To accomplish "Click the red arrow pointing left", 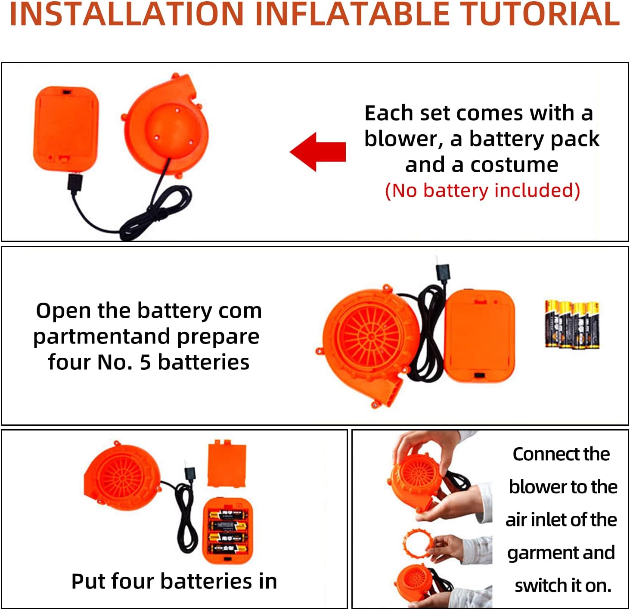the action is pyautogui.click(x=318, y=152).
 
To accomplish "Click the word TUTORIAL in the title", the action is pyautogui.click(x=539, y=14).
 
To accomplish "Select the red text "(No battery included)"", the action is pyautogui.click(x=482, y=190).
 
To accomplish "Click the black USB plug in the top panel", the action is pyautogui.click(x=75, y=183).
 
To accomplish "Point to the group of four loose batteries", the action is pyautogui.click(x=572, y=324).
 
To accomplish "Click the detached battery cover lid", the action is pyautogui.click(x=227, y=463).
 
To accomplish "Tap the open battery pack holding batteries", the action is pyautogui.click(x=227, y=531).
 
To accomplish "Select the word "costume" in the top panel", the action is pyautogui.click(x=514, y=165).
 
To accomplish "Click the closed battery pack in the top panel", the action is pyautogui.click(x=66, y=130).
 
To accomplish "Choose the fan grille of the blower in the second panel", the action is pyautogui.click(x=371, y=337).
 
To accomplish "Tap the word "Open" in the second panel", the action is pyautogui.click(x=63, y=311).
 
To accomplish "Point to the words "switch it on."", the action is pyautogui.click(x=563, y=585).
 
